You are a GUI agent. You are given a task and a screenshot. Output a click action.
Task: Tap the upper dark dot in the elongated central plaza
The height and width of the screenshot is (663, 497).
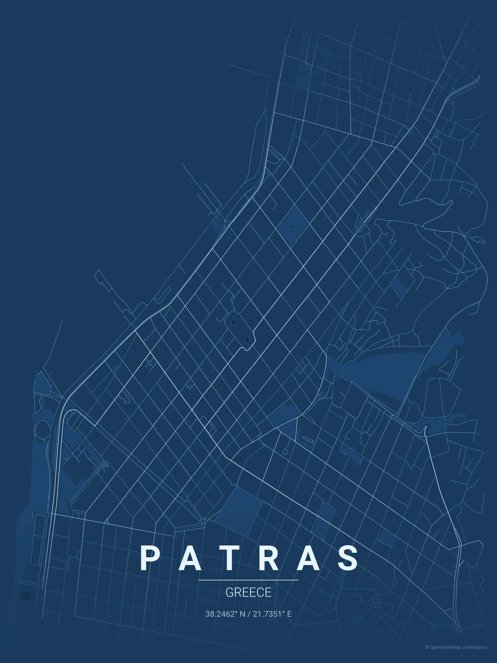233,322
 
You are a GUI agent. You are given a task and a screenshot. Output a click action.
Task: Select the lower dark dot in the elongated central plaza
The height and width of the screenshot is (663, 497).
247,340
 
